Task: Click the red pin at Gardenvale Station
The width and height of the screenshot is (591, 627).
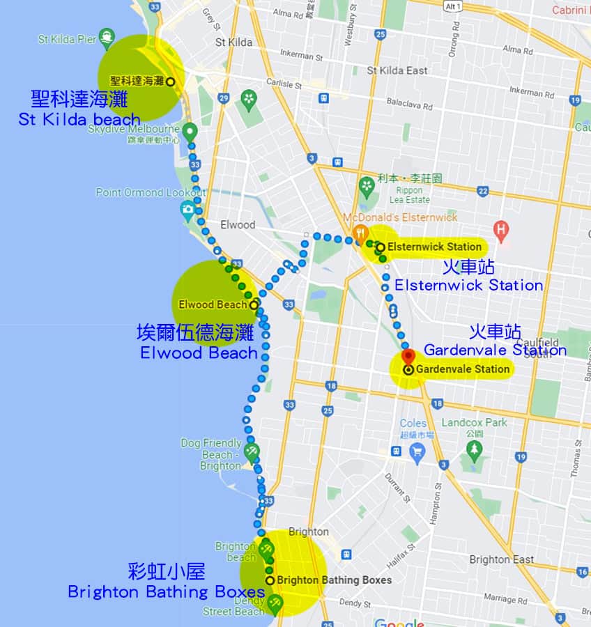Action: pos(409,356)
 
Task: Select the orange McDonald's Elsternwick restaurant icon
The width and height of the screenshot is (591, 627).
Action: pos(360,233)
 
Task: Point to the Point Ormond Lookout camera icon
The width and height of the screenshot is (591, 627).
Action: pos(187,208)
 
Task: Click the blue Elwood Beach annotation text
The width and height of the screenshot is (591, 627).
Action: pos(199,353)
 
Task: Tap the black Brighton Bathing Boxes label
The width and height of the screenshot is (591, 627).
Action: pos(334,580)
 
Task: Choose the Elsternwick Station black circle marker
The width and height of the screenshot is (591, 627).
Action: pos(381,247)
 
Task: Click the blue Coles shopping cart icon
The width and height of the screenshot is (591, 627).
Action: pos(417,454)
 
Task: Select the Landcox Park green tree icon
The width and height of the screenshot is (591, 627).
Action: pos(475,451)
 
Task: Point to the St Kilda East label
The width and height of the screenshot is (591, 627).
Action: pos(397,70)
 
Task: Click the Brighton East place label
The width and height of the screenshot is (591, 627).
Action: pos(502,559)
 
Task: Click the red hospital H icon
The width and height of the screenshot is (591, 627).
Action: pos(500,229)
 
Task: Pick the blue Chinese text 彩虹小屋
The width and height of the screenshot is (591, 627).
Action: pos(167,573)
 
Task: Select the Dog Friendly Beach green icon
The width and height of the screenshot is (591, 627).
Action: pos(252,451)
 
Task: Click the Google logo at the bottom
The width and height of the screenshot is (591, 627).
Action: pos(399,622)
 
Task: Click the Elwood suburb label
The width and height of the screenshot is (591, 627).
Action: pos(238,224)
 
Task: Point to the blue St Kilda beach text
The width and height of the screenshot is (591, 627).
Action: pos(79,119)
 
